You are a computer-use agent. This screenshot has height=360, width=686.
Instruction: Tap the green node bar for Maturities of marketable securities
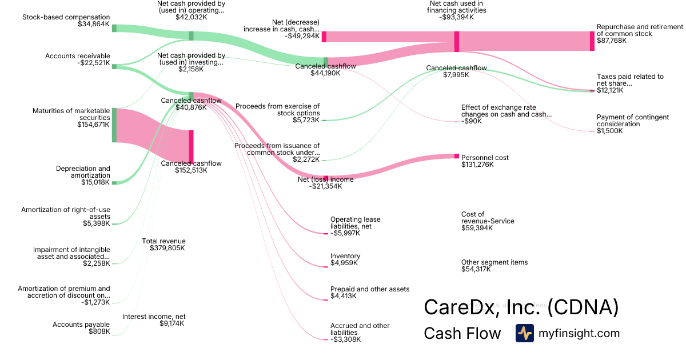pyautogui.click(x=114, y=125)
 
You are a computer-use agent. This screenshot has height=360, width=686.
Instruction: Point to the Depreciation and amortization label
pyautogui.click(x=83, y=172)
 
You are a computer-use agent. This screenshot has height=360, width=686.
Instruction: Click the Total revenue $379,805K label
pyautogui.click(x=163, y=245)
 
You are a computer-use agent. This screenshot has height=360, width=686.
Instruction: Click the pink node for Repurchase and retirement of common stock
pyautogui.click(x=592, y=41)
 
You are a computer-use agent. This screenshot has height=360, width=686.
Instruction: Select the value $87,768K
pyautogui.click(x=612, y=41)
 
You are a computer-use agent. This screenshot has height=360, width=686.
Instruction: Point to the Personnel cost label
pyautogui.click(x=485, y=158)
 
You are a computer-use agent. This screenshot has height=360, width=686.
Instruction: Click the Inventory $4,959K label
pyautogui.click(x=345, y=259)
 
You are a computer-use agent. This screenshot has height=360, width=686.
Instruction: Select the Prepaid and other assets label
pyautogui.click(x=370, y=289)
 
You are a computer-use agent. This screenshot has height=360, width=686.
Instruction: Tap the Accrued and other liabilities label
pyautogui.click(x=360, y=329)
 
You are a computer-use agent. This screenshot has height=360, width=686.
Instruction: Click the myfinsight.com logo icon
pyautogui.click(x=524, y=333)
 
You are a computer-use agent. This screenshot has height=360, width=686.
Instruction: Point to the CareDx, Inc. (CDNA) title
pyautogui.click(x=521, y=307)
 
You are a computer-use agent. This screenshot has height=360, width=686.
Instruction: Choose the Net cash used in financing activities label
pyautogui.click(x=457, y=7)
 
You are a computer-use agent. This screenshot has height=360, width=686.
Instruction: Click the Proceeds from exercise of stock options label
pyautogui.click(x=277, y=110)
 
